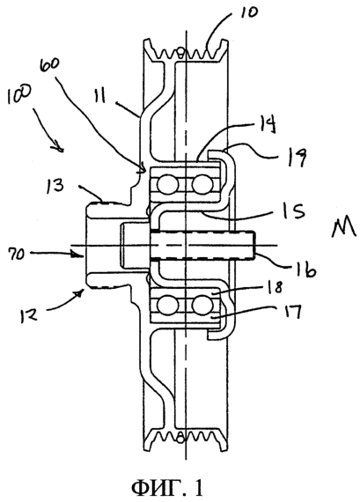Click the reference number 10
pos(248,14)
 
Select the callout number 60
pos(49,68)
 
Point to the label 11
pos(100,96)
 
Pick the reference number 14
pos(266,125)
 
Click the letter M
pos(343,226)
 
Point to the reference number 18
pos(274,286)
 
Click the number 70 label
pos(15,255)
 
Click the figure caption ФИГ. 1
pos(167,487)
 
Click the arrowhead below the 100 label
pos(59,148)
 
